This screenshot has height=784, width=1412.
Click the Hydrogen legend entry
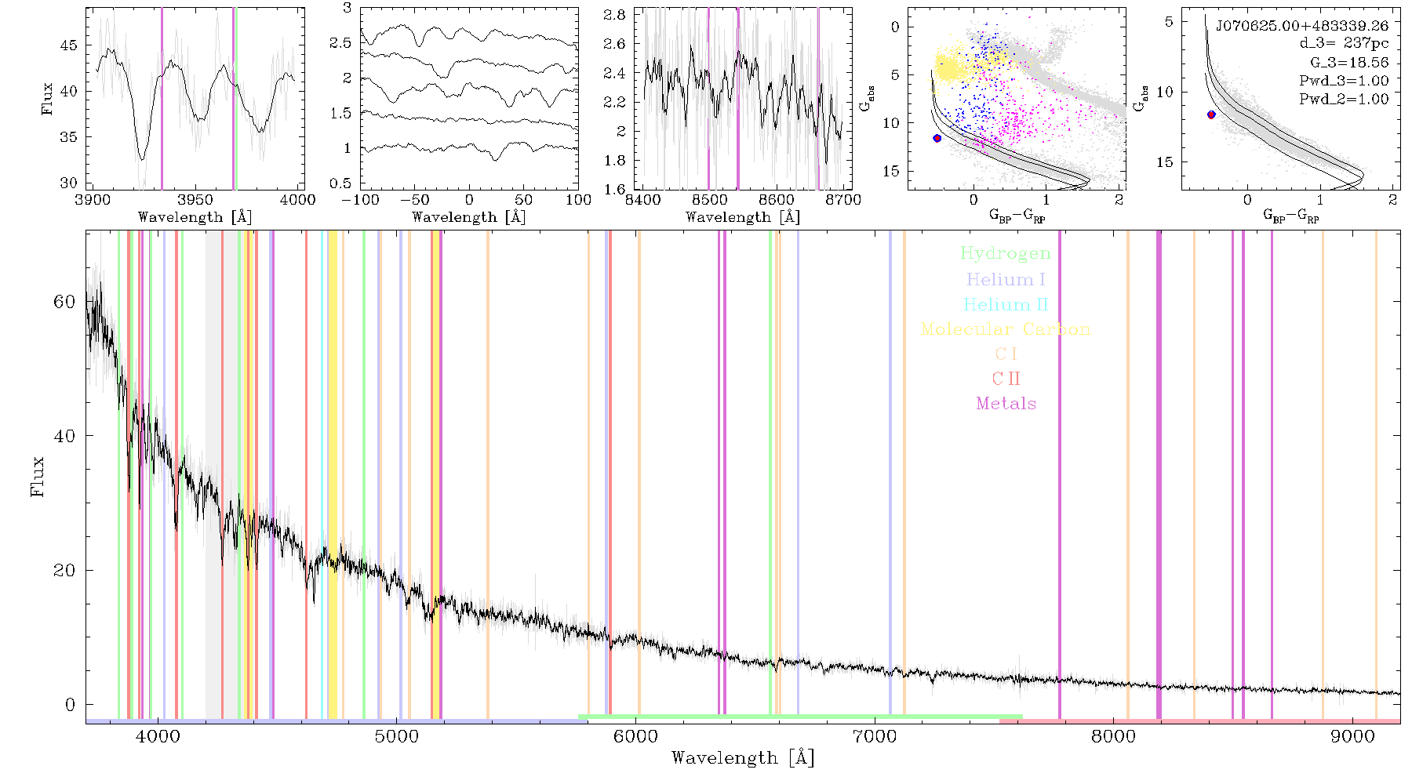point(1005,254)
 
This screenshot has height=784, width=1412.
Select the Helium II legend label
point(1006,304)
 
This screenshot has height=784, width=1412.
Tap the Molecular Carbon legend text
point(1006,329)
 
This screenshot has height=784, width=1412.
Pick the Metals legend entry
point(1006,404)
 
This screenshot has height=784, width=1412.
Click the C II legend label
point(1006,379)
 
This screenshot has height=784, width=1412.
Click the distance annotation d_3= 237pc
point(1344,44)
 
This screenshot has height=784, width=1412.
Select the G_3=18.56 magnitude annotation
point(1349,63)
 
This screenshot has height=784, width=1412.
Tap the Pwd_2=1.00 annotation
point(1344,99)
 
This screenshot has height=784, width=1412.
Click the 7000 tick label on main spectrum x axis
point(875,737)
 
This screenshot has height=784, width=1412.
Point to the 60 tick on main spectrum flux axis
point(64,302)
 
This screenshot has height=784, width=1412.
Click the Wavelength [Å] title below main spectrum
point(743,758)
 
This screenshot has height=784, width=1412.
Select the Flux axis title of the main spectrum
point(37,476)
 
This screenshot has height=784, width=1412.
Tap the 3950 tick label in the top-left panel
point(195,199)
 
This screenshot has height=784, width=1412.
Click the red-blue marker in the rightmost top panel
point(1211,114)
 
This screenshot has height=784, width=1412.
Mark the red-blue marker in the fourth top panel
point(937,138)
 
